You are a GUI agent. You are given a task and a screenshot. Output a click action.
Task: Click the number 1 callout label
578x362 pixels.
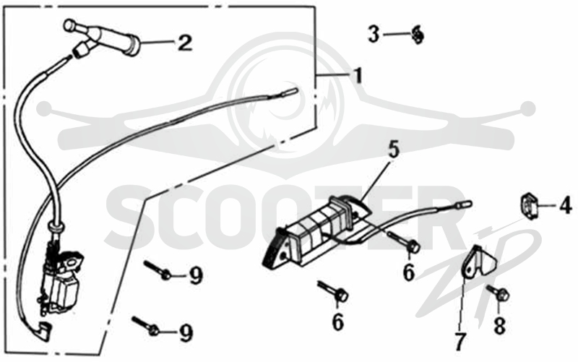click(357, 76)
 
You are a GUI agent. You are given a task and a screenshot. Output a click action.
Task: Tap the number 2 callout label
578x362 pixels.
click(185, 43)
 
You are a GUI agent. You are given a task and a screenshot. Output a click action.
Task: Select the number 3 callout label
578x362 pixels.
click(374, 34)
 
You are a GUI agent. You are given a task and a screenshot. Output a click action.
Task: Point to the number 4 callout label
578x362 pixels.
click(565, 205)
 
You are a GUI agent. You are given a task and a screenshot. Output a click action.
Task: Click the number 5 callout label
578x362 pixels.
click(394, 150)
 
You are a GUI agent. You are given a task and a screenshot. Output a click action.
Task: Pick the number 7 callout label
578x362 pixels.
click(460, 342)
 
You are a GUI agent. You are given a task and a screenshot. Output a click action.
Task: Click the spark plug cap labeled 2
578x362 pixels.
click(103, 40)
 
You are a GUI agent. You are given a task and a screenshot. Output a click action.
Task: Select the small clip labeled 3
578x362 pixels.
click(418, 34)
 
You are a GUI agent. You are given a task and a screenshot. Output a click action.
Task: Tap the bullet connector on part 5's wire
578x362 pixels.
click(463, 204)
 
